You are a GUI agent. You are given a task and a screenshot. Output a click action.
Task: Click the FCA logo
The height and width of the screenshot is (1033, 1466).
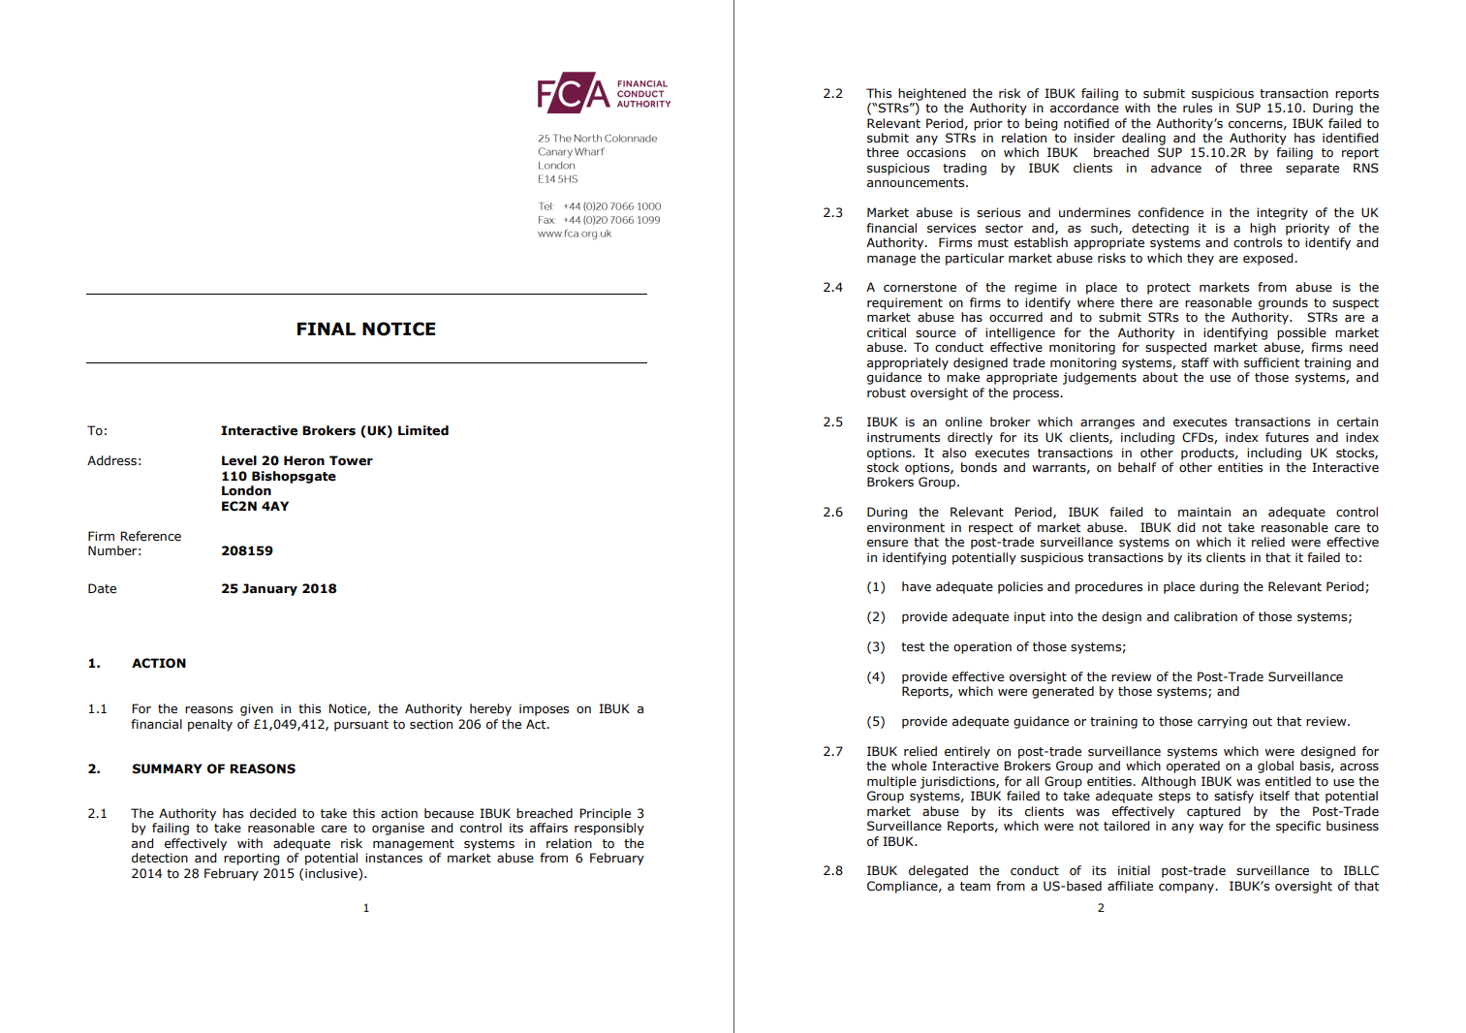(603, 93)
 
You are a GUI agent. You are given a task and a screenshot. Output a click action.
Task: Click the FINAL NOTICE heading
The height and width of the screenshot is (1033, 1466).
(365, 329)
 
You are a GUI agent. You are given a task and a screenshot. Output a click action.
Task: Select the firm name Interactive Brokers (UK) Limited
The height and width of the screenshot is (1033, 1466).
(334, 431)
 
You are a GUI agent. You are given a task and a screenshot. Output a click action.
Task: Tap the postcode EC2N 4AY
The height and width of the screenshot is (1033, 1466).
(255, 507)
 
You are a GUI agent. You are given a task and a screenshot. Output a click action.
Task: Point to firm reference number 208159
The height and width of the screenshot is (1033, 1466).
(247, 551)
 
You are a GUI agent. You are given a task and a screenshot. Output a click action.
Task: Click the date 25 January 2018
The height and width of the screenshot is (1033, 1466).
(279, 589)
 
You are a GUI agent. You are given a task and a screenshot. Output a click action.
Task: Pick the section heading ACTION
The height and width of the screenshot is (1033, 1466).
(159, 664)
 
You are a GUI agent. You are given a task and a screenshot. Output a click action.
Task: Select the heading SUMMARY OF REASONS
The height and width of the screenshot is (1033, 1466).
(213, 769)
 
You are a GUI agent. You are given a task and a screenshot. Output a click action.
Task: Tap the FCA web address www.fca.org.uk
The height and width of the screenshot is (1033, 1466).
(575, 234)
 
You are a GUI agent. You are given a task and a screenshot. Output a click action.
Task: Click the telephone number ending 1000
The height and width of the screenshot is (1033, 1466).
(611, 206)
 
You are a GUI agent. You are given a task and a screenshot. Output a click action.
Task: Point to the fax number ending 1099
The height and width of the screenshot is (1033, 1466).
(611, 220)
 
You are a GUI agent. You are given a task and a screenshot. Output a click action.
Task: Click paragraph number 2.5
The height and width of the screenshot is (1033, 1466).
(832, 423)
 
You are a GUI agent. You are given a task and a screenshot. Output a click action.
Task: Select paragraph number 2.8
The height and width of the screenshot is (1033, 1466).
(832, 871)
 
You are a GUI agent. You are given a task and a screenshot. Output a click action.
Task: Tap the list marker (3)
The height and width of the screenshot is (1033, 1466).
(876, 647)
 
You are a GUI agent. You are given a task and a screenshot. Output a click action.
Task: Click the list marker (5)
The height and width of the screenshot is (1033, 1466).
(876, 722)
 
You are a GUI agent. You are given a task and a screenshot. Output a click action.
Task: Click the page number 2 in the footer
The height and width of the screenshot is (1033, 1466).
(1101, 908)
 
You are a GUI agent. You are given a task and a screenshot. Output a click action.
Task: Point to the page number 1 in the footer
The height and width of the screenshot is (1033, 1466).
(366, 908)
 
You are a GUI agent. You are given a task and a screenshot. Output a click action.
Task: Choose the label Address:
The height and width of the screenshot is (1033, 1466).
(114, 461)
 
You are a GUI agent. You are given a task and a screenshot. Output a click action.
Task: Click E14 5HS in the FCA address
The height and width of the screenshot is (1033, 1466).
(557, 179)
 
